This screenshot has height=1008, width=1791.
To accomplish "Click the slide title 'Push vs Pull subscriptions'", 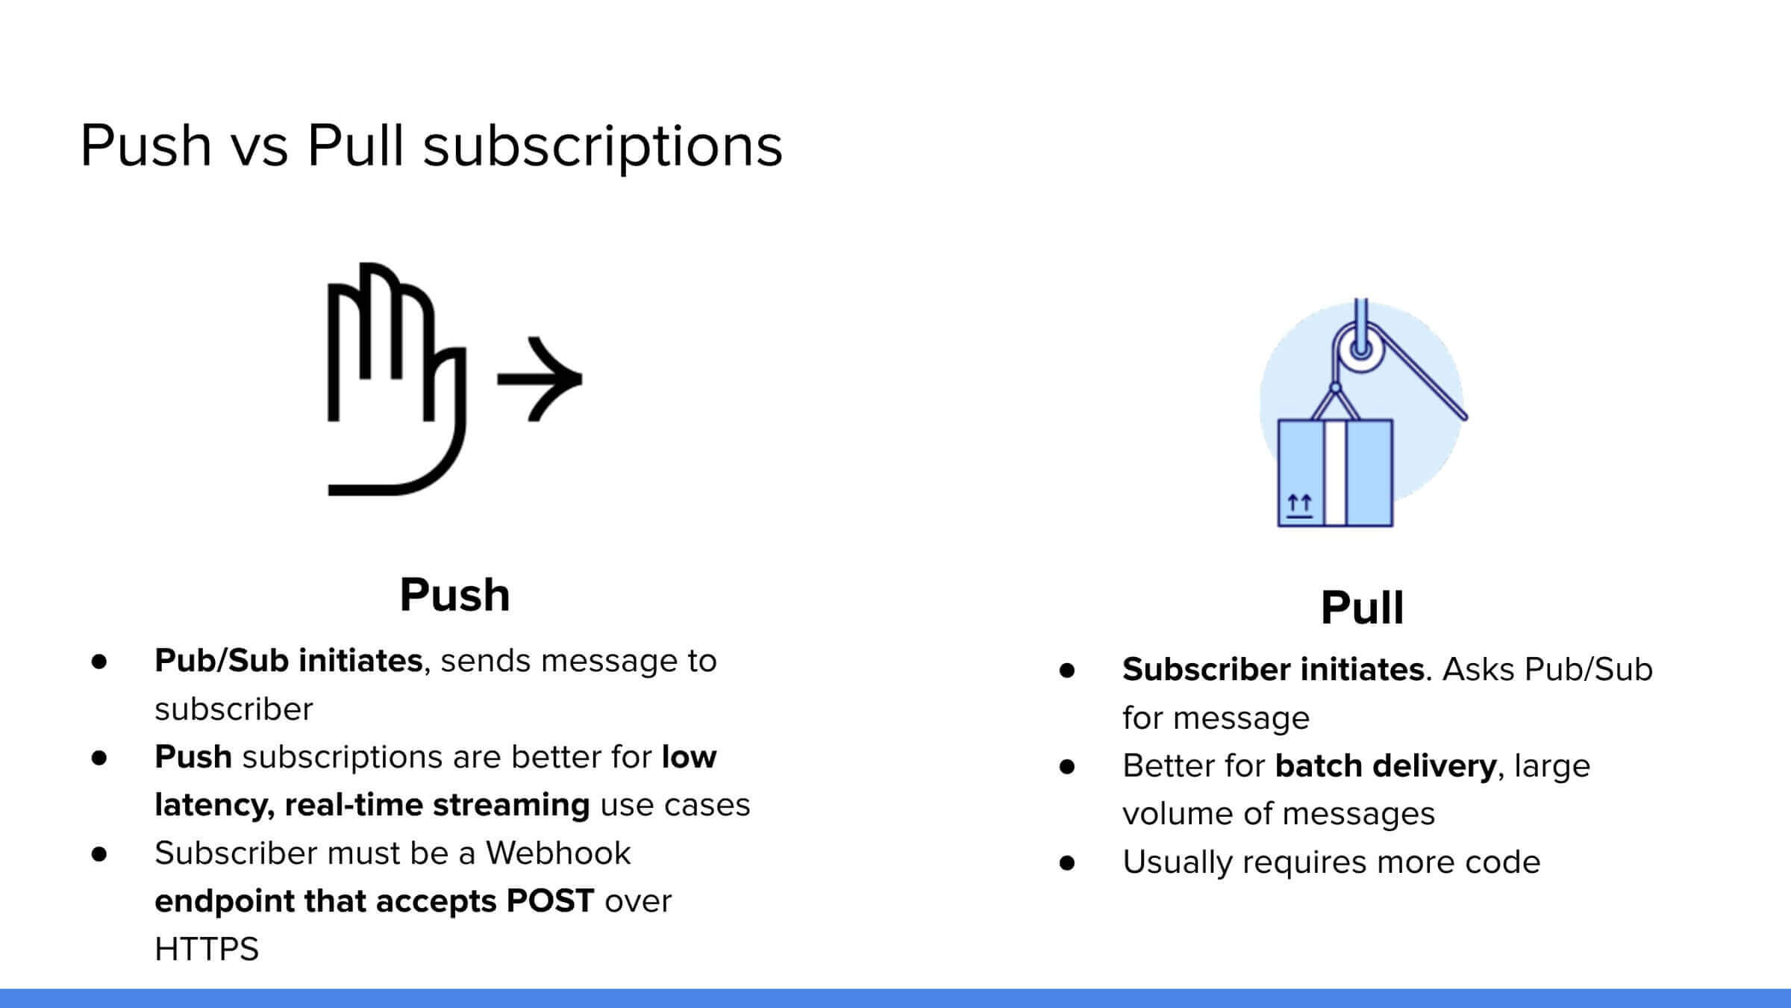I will click(x=431, y=146).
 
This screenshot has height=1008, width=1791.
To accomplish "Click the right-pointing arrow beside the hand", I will click(x=540, y=379).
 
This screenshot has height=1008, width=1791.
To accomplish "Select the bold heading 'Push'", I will click(x=454, y=595).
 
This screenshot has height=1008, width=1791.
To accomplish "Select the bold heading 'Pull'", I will click(x=1362, y=608).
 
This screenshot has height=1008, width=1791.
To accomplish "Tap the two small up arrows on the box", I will click(x=1299, y=503).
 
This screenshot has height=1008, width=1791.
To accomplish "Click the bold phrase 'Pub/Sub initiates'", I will click(x=288, y=661).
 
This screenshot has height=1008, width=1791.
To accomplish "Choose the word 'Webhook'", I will click(x=558, y=853).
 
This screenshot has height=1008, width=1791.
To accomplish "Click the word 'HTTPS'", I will click(x=207, y=950).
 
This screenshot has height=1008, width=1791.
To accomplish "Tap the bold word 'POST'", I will click(x=550, y=901).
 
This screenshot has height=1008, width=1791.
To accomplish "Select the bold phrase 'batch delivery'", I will click(x=1386, y=766).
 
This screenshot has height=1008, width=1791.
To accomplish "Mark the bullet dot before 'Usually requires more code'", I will click(x=1067, y=863).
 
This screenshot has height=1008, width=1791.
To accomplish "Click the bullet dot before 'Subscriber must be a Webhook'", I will click(x=99, y=854).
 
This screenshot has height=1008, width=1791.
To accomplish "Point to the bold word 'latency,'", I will click(x=214, y=806).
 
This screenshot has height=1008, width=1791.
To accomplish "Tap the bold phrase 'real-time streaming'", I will click(x=437, y=806).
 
